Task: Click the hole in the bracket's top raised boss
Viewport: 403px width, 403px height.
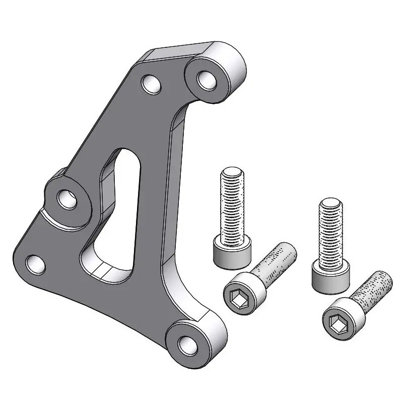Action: [206, 80]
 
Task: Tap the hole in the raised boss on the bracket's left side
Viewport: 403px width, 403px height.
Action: [66, 199]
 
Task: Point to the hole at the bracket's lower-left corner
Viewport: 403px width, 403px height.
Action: [34, 263]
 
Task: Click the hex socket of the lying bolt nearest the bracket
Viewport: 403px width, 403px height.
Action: [237, 298]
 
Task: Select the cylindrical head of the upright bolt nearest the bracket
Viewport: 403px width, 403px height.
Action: [232, 255]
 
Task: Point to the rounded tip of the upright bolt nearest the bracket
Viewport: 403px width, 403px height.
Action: [232, 173]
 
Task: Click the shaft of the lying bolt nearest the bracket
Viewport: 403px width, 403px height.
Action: [277, 264]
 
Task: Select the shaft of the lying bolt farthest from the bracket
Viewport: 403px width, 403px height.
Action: [374, 290]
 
